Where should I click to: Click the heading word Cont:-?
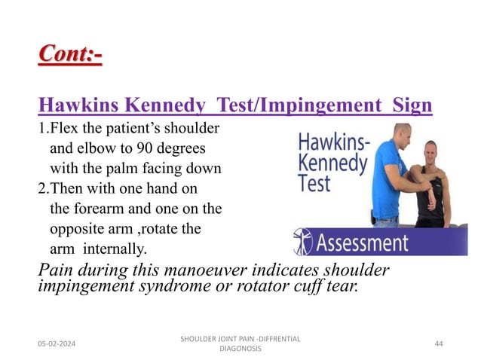[70, 55]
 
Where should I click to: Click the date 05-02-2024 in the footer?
[61, 343]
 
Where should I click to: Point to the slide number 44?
[440, 343]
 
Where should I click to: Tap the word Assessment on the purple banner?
[363, 243]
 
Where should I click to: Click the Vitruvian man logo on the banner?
[302, 242]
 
